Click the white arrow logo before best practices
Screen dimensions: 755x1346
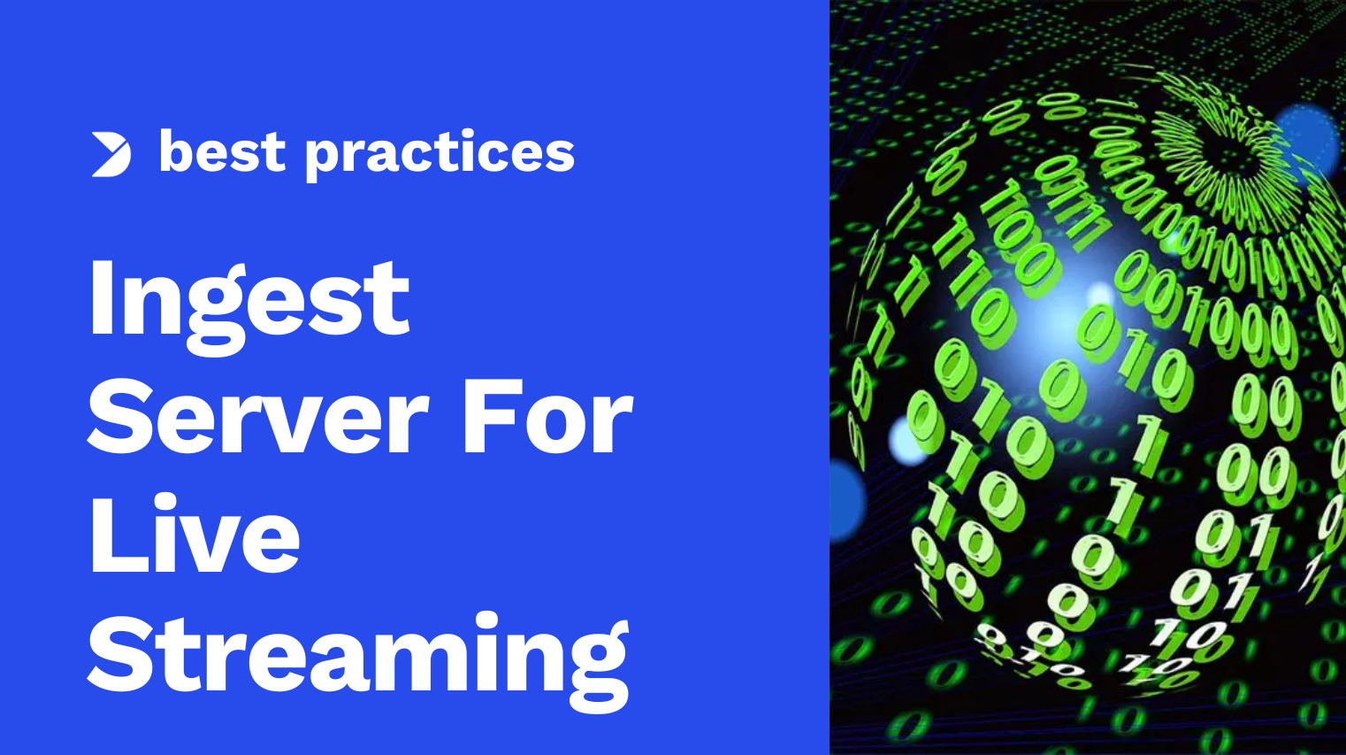[x=111, y=154]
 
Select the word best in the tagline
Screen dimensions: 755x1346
[x=222, y=152]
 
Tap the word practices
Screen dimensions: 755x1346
[x=440, y=154]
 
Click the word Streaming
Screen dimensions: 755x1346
[x=358, y=655]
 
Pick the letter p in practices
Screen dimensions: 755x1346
[x=324, y=158]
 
